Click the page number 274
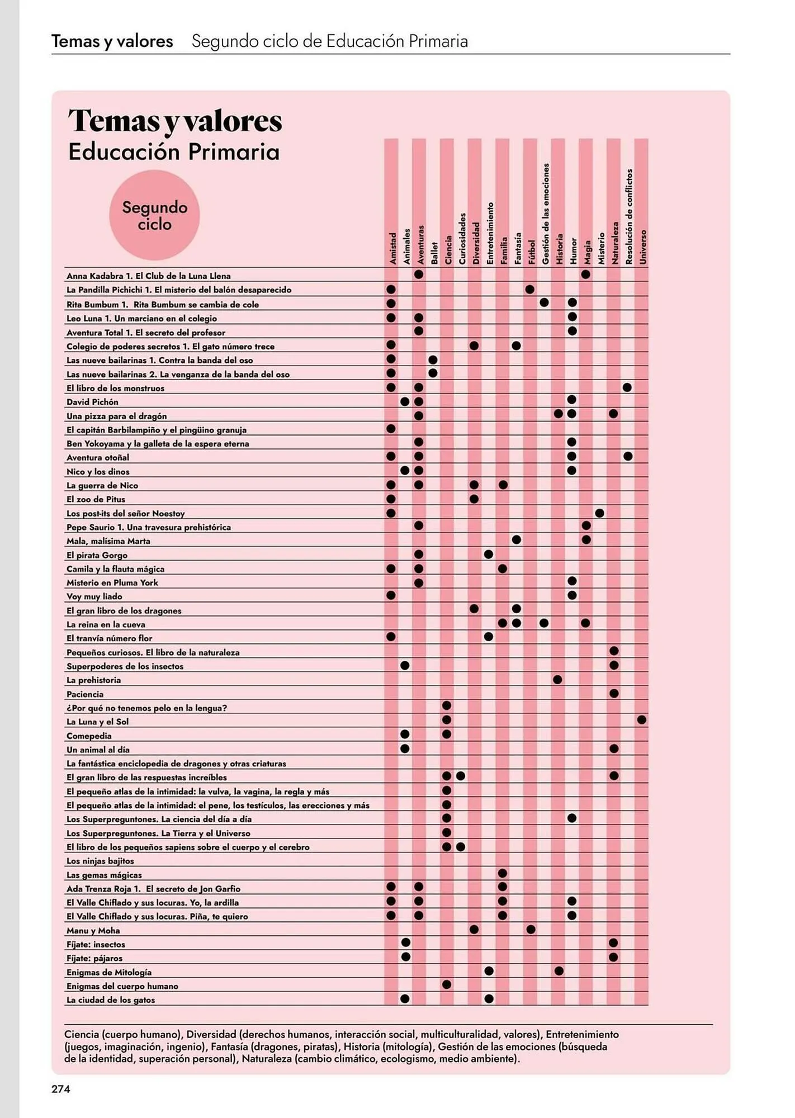click(61, 1088)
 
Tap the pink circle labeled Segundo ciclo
click(154, 216)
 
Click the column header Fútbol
click(531, 252)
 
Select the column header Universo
click(642, 247)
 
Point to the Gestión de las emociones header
click(545, 214)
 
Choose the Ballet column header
click(434, 253)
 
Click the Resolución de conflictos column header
click(629, 216)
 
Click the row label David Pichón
click(92, 402)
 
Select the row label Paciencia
click(85, 694)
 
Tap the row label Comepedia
click(89, 736)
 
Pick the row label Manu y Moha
click(93, 931)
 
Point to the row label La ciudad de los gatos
click(111, 1000)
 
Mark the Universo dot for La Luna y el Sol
click(641, 720)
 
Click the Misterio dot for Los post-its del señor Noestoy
click(599, 513)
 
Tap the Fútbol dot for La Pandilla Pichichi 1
click(530, 290)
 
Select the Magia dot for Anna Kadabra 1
click(585, 274)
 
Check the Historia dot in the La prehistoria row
click(557, 680)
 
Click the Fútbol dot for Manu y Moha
click(531, 930)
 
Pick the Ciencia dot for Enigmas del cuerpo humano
click(446, 984)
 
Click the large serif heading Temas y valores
click(175, 121)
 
